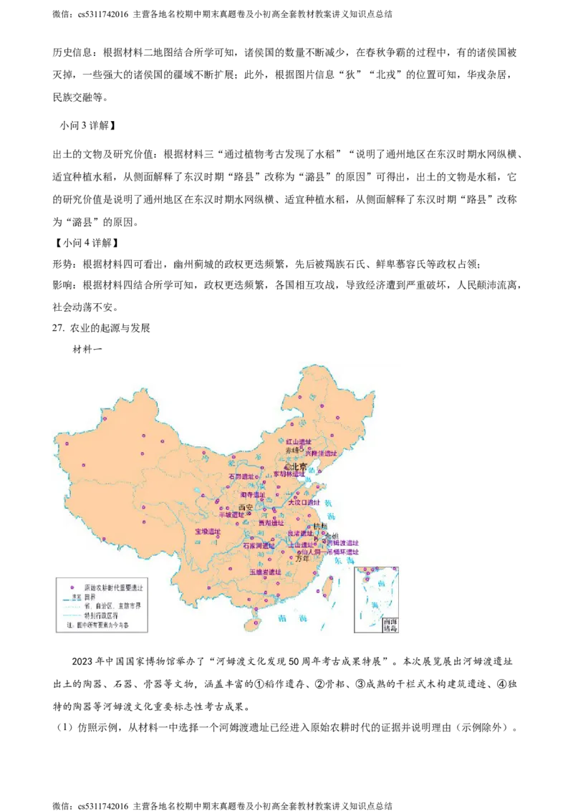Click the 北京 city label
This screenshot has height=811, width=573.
pyautogui.click(x=297, y=466)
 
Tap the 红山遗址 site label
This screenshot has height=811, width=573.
pyautogui.click(x=299, y=442)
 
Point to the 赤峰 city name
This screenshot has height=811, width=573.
pyautogui.click(x=292, y=451)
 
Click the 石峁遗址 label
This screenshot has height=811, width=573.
pyautogui.click(x=241, y=476)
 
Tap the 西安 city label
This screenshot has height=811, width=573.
pyautogui.click(x=246, y=507)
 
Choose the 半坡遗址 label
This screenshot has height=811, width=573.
pyautogui.click(x=231, y=515)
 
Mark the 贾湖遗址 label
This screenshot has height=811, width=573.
pyautogui.click(x=271, y=523)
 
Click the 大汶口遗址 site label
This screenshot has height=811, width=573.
pyautogui.click(x=303, y=502)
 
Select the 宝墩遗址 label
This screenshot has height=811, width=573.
pyautogui.click(x=208, y=532)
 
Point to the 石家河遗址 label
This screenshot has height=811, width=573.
pyautogui.click(x=259, y=546)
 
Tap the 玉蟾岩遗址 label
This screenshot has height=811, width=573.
pyautogui.click(x=265, y=572)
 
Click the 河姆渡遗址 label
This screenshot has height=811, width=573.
pyautogui.click(x=342, y=542)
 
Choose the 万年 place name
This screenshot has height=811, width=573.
pyautogui.click(x=304, y=559)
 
